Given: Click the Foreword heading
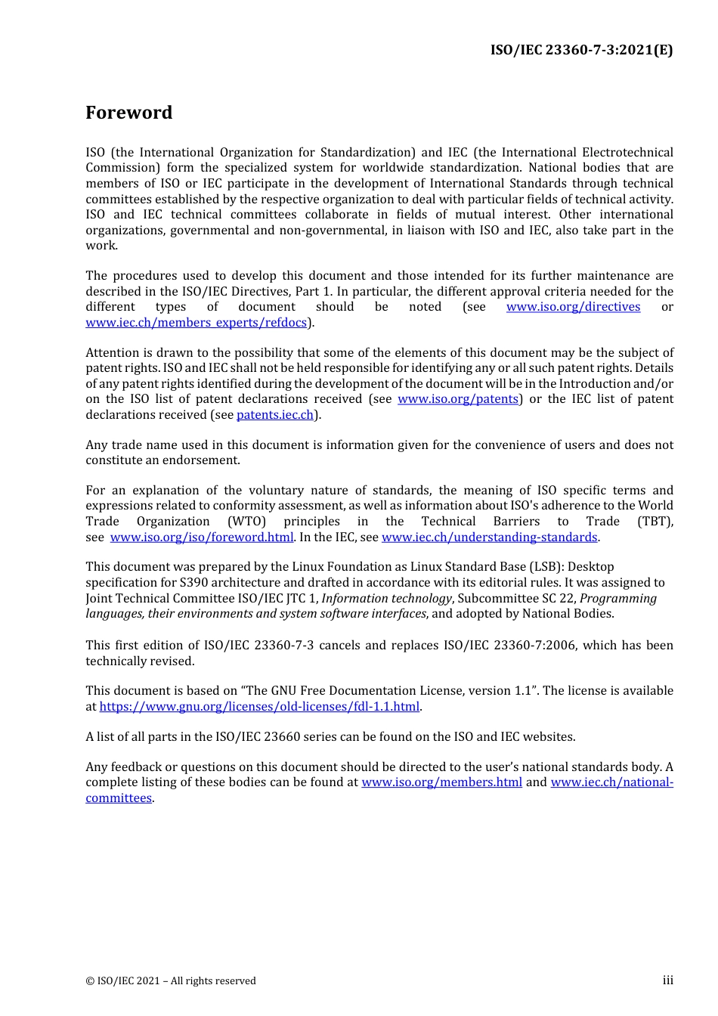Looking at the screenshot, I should (128, 113).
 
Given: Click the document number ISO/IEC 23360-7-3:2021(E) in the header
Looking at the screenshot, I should (581, 50).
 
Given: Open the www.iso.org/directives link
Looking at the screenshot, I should (573, 307).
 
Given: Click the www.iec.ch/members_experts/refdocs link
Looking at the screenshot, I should (197, 323).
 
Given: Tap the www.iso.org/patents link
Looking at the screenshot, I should (458, 399).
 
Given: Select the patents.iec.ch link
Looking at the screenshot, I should (275, 415).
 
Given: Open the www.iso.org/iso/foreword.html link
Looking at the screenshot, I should (202, 537).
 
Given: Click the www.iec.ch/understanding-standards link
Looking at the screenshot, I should (489, 537).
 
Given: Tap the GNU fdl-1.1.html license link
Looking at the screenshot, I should (259, 707).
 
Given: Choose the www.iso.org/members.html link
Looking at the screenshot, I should (441, 782).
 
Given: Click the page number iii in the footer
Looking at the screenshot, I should (667, 980).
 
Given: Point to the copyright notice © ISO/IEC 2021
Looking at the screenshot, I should (171, 981).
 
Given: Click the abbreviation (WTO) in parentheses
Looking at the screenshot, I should (247, 522).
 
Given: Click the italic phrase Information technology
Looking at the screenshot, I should (386, 599).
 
